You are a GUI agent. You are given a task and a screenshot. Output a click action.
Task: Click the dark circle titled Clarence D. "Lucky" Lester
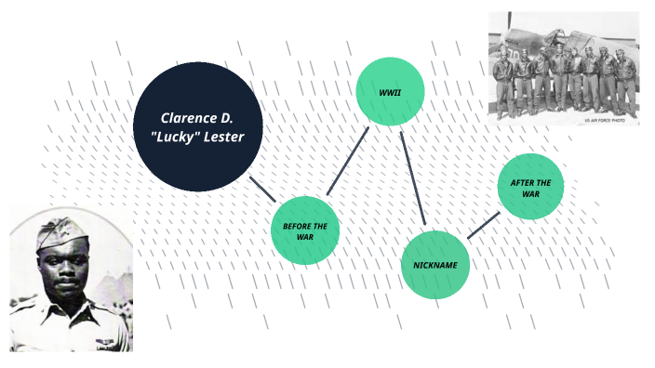pos(197,126)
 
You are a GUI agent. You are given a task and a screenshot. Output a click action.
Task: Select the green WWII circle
pos(390,91)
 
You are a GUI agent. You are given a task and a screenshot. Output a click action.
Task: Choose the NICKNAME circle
pos(435,265)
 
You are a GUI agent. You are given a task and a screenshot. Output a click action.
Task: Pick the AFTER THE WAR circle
pos(530,187)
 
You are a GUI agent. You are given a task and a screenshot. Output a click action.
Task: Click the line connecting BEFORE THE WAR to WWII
pos(347,162)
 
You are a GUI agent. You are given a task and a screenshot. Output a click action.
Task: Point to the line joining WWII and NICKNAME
pos(412,178)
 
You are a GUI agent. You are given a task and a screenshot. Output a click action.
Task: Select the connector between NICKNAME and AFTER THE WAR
pos(483,226)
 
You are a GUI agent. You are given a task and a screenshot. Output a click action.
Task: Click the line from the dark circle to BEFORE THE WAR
pos(261,189)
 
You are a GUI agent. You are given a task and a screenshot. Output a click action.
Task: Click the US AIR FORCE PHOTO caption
pos(609,120)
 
